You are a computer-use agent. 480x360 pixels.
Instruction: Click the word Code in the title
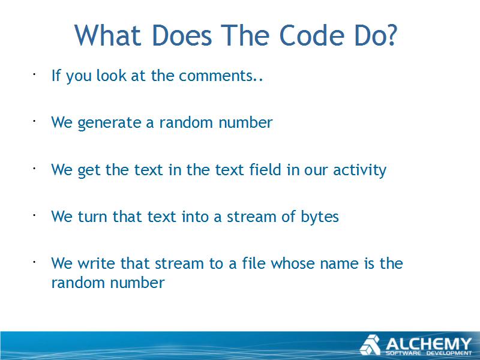coord(312,35)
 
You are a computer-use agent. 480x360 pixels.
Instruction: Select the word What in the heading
coord(107,35)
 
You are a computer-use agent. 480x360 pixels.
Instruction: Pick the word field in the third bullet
coord(265,169)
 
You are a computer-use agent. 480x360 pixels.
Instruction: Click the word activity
coord(359,170)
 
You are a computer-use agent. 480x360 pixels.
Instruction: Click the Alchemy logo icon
coord(370,344)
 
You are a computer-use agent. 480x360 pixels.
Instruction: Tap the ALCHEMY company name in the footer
coord(428,343)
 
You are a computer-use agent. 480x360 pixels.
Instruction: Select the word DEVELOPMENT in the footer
coord(449,353)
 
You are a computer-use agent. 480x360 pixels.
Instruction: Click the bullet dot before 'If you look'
coord(35,74)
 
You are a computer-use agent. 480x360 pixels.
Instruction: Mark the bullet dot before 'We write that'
coord(35,262)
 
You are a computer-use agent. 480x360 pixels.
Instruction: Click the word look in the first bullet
coord(111,76)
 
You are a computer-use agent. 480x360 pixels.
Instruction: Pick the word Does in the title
coord(182,35)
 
